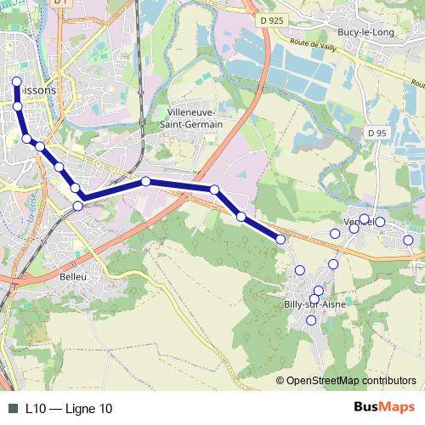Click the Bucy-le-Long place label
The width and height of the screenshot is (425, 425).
[365, 31]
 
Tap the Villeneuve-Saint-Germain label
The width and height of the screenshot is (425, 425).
[195, 118]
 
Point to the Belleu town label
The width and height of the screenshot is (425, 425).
[73, 277]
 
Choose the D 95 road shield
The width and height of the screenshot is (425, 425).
[377, 133]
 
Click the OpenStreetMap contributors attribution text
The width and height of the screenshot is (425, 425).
[350, 380]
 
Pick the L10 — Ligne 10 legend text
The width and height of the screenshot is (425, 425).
[69, 408]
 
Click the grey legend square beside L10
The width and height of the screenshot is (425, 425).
[12, 408]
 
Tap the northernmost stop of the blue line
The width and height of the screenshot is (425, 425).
[17, 82]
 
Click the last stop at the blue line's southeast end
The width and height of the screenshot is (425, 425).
[280, 240]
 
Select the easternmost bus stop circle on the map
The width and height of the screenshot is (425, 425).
[408, 241]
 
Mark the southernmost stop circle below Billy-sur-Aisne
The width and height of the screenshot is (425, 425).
[311, 320]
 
